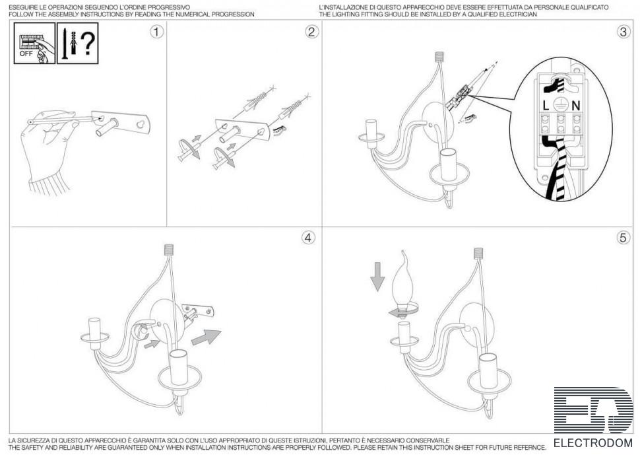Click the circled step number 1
(156, 32)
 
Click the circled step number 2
(311, 32)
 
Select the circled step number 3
(623, 32)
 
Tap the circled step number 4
(308, 238)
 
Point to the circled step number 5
(623, 237)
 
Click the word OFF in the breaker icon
(26, 53)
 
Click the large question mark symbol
(88, 43)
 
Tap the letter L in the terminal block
(546, 106)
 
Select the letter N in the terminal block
(576, 106)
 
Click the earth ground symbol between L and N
(561, 105)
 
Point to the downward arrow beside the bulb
(377, 277)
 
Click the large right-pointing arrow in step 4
(206, 337)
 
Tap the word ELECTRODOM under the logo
(592, 442)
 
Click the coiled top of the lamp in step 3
(439, 56)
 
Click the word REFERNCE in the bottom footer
(528, 448)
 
